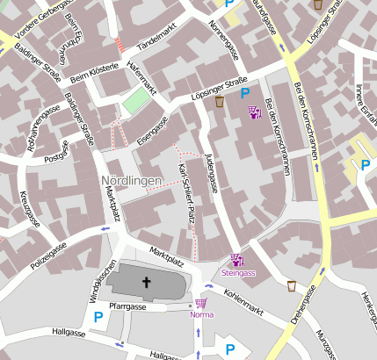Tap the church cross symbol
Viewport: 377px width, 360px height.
point(146,283)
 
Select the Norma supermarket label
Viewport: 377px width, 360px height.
point(201,314)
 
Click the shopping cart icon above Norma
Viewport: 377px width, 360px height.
point(201,303)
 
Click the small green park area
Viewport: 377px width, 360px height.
point(134,101)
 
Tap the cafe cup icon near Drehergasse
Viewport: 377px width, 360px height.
point(291,285)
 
